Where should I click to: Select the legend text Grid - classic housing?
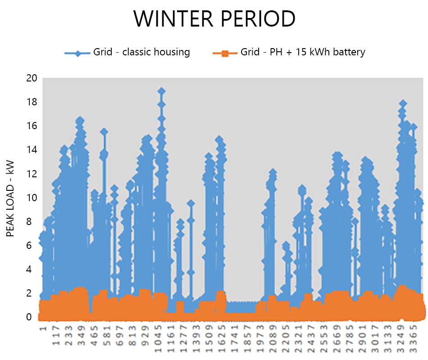point(141,52)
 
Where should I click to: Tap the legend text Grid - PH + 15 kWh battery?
point(303,52)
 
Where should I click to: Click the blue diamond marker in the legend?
point(78,53)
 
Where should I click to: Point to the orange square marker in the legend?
point(225,53)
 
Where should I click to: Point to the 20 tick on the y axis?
point(31,78)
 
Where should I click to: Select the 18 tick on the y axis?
point(31,102)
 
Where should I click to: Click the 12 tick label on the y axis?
point(31,174)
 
